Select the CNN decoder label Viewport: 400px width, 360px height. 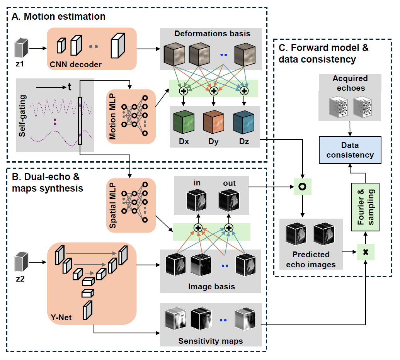pos(75,64)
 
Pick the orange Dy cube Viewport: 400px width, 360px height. pos(213,122)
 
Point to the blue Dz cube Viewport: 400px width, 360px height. pos(243,122)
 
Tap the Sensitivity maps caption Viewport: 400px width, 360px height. pos(210,341)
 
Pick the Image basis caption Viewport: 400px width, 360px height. pos(210,287)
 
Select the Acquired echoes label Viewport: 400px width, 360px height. pos(350,83)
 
